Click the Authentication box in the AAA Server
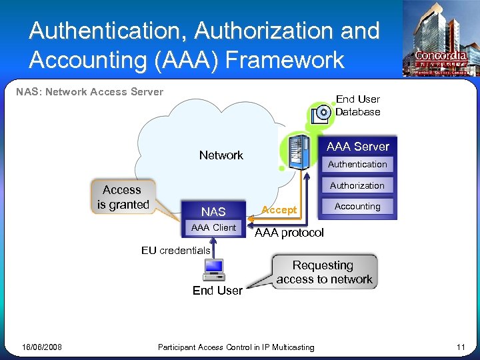tap(357, 165)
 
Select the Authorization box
tap(357, 185)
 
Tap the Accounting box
tap(357, 207)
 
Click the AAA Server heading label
tap(358, 147)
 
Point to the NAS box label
tap(213, 211)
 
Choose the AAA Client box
tap(213, 228)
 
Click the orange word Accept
tap(279, 210)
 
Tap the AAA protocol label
tap(289, 233)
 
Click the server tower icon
tap(299, 151)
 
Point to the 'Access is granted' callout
tap(123, 197)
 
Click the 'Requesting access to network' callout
tap(324, 272)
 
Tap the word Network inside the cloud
tap(221, 155)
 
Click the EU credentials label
tap(175, 251)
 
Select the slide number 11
tap(460, 347)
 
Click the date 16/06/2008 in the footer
tap(41, 347)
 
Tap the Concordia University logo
tap(439, 40)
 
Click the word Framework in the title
tap(285, 60)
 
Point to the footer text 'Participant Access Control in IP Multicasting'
tap(236, 347)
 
